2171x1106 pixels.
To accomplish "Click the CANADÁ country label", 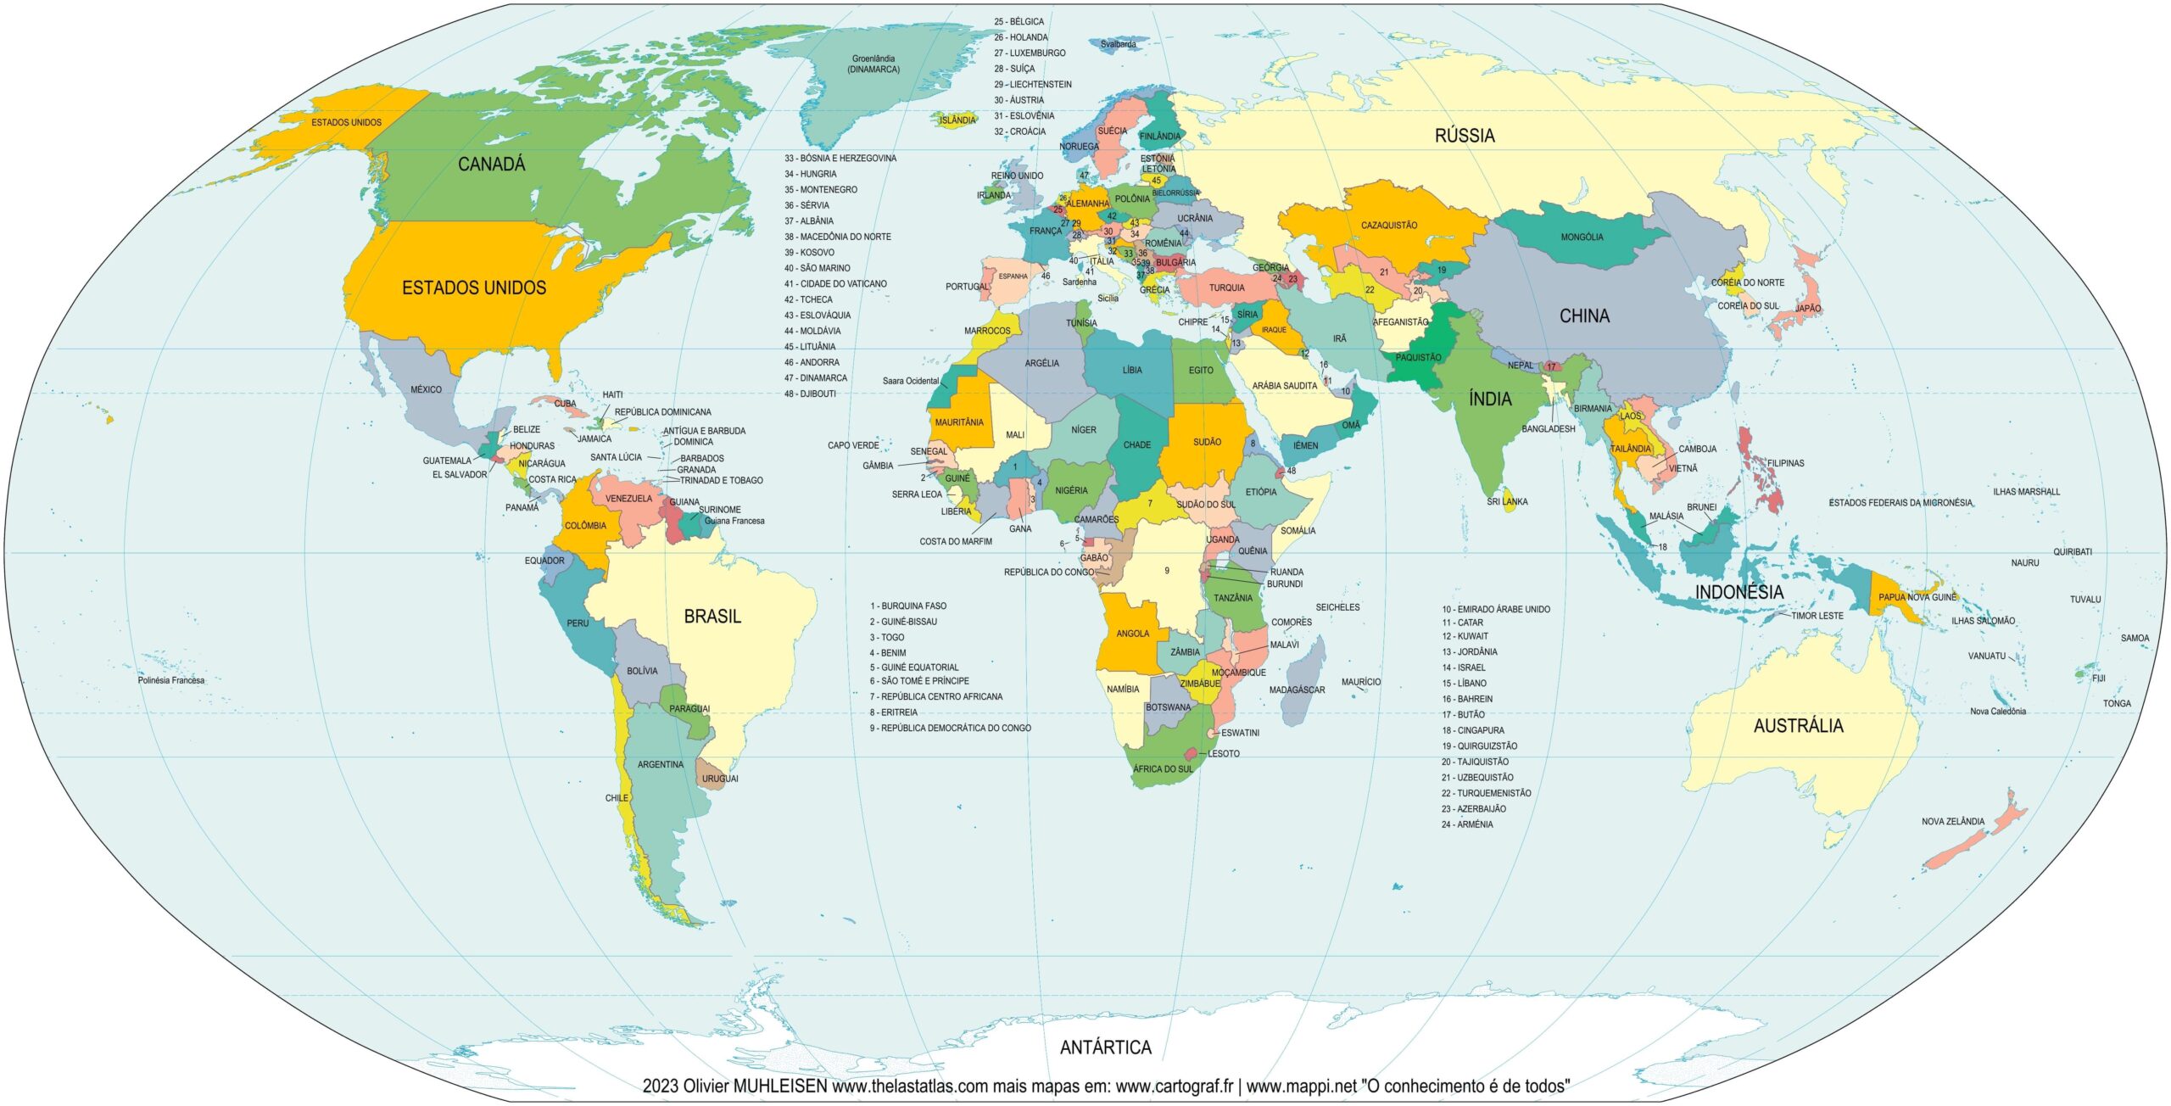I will coord(491,165).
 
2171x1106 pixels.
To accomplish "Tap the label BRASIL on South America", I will coord(712,617).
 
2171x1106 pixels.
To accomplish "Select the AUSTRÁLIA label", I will coord(1798,726).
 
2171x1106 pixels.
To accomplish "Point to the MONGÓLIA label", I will coord(1582,237).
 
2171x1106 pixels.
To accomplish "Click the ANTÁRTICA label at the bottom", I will coord(1105,1047).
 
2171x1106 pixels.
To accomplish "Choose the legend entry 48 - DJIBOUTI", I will coord(810,394).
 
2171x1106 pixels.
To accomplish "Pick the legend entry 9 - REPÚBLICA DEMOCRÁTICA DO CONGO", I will coord(950,728).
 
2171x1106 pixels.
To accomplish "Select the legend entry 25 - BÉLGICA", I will coord(1019,21).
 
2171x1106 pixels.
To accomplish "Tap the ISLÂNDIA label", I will coord(957,120).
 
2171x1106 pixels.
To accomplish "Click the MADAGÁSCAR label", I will coord(1297,690).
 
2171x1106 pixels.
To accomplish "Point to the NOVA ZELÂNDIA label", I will coord(1952,821).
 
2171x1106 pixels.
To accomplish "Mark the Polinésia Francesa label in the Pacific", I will coord(171,680).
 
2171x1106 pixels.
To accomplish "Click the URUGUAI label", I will coord(719,779).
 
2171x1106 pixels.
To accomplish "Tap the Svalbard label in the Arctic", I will coord(1118,44).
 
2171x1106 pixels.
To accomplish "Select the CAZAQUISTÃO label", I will coord(1388,226).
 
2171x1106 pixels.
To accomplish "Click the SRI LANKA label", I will coord(1507,501).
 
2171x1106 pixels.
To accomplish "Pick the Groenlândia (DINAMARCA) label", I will coord(873,64).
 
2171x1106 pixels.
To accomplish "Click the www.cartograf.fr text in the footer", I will coord(1174,1086).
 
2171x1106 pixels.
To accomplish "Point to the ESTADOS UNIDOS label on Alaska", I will coord(346,122).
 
